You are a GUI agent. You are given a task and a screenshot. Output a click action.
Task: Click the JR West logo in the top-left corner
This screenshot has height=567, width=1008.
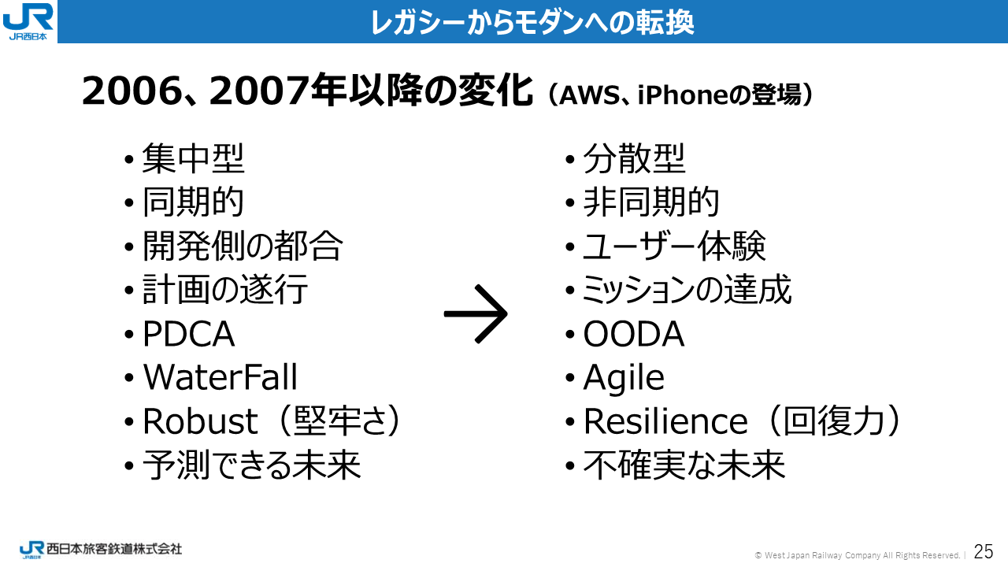point(28,21)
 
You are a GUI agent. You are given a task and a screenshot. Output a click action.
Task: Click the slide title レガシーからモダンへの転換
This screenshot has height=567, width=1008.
point(532,22)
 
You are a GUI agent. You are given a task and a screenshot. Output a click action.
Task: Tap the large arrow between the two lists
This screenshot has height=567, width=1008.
point(476,314)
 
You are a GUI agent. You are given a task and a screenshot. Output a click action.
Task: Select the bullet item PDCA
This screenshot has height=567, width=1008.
point(188,334)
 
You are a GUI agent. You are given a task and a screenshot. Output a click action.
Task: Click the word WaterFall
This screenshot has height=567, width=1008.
point(220,376)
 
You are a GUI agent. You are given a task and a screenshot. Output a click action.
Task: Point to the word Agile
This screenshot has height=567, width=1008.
point(624,378)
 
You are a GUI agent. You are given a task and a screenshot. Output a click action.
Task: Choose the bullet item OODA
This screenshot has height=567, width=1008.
point(634,334)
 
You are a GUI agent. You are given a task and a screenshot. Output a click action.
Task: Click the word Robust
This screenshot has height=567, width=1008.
point(200,421)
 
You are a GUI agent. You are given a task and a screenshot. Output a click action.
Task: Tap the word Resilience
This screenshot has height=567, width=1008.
point(665,421)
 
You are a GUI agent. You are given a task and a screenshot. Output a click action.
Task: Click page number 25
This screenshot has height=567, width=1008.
point(984,551)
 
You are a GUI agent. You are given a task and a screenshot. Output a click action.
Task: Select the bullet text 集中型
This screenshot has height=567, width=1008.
point(194,158)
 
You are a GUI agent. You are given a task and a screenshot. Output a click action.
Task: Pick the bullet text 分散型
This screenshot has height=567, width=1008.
point(634,158)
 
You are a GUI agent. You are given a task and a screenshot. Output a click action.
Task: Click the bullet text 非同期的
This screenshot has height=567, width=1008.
point(651,202)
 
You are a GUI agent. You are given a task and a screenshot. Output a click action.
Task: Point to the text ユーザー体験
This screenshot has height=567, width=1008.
point(674,246)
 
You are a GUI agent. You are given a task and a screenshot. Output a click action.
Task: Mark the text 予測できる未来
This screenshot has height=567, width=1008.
point(251,465)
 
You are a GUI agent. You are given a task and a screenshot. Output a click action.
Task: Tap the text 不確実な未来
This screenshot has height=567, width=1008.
point(684,465)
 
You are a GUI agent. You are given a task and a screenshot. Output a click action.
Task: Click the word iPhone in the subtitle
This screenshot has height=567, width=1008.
point(682,95)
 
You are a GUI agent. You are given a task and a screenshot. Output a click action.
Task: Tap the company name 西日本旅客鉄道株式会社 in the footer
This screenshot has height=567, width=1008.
point(114,549)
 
